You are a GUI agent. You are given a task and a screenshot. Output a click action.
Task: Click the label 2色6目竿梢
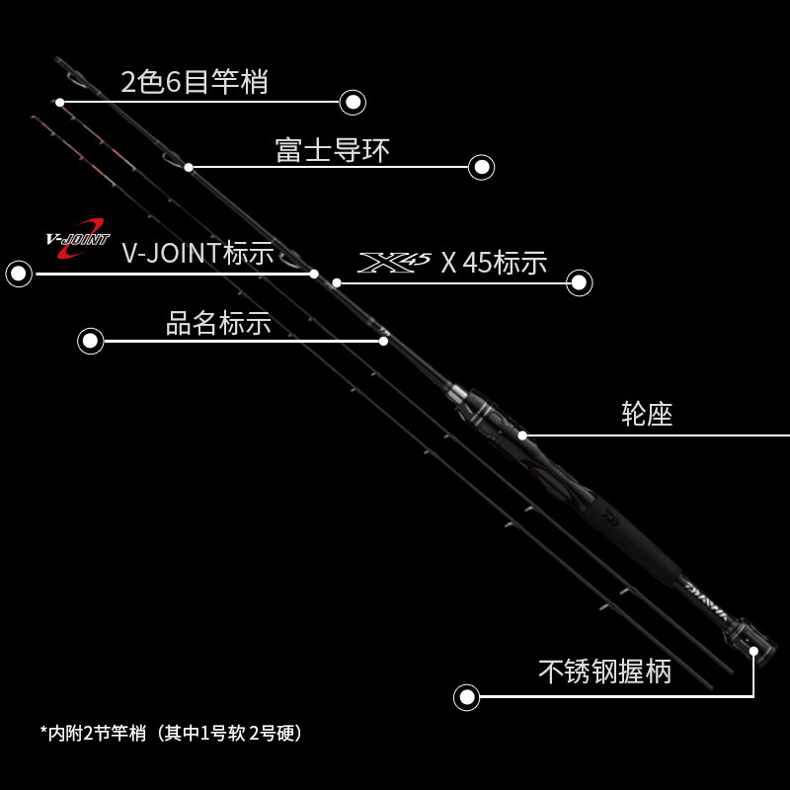click(x=194, y=82)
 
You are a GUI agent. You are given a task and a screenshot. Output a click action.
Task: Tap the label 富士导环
click(x=332, y=150)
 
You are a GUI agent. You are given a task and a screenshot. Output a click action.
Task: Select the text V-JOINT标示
click(x=197, y=253)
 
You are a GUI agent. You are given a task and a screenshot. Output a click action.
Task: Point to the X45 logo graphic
click(x=394, y=262)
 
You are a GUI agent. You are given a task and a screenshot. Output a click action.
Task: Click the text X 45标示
click(x=493, y=263)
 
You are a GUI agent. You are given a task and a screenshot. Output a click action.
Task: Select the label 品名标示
click(x=218, y=323)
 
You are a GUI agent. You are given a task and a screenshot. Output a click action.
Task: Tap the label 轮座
click(x=647, y=414)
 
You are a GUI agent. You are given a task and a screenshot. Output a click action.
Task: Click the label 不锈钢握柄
click(x=604, y=672)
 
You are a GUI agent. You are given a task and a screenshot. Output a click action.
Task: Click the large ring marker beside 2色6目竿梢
click(x=353, y=102)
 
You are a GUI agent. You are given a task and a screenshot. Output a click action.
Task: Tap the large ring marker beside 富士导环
click(x=481, y=167)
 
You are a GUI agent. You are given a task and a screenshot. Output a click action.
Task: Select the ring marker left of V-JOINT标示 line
click(x=19, y=274)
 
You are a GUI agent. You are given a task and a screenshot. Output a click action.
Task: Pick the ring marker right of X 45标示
click(x=580, y=283)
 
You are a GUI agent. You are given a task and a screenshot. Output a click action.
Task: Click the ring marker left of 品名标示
click(x=91, y=341)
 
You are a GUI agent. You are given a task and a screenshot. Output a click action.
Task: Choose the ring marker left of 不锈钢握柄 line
click(x=466, y=697)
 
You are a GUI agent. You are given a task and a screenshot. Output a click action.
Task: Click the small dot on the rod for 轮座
click(x=522, y=434)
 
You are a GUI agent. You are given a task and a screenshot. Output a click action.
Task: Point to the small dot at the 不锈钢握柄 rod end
click(x=753, y=651)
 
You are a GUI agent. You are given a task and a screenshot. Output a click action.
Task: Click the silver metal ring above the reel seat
click(x=458, y=398)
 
